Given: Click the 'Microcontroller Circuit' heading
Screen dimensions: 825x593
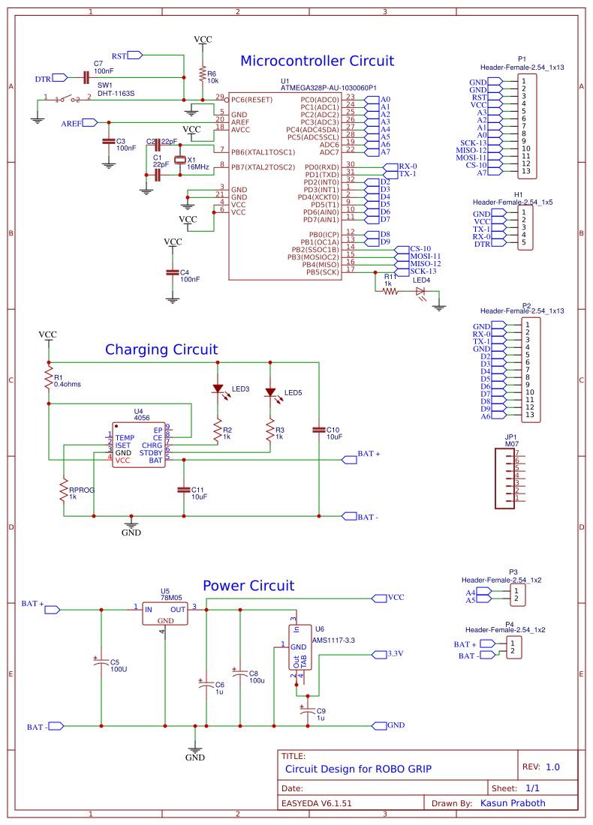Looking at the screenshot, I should (x=317, y=61).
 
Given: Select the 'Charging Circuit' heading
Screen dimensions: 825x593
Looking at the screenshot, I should (x=161, y=349).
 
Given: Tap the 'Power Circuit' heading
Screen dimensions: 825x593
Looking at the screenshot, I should (x=248, y=586).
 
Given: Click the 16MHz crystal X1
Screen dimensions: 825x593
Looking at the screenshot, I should (x=179, y=160).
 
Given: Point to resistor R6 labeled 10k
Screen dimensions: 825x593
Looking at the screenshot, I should (x=202, y=73).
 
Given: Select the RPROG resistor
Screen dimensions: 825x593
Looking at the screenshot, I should (x=64, y=490).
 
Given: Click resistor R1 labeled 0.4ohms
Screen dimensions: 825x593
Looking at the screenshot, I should (x=49, y=376).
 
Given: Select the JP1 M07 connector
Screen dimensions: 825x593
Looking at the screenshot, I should (x=511, y=478).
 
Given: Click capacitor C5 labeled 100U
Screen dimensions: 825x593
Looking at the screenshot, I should (x=101, y=664).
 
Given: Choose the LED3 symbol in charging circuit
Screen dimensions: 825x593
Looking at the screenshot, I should (x=218, y=388).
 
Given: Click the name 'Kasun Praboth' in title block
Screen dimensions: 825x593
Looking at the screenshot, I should (x=512, y=803).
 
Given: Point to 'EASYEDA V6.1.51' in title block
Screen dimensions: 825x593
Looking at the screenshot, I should (x=317, y=803).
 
